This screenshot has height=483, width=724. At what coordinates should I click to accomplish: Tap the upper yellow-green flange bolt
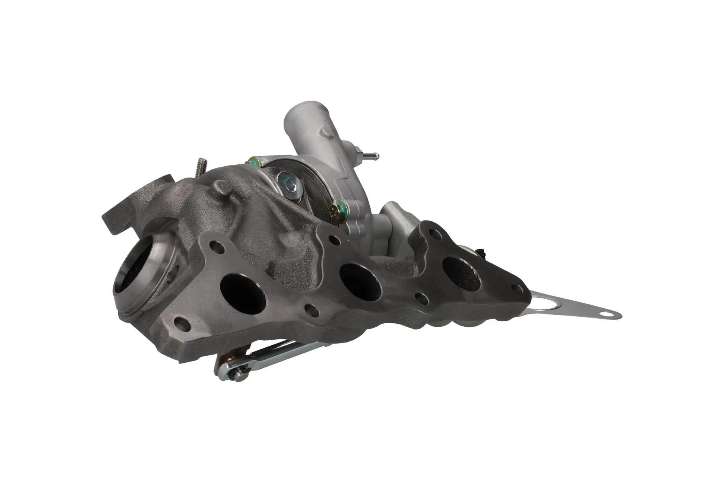tap(254, 161)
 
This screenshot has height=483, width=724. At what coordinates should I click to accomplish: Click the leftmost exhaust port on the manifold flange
tap(243, 295)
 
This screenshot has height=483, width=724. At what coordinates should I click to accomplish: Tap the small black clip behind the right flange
tap(480, 254)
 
